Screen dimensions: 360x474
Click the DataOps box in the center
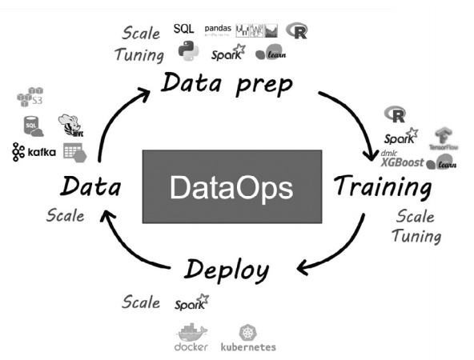click(x=232, y=186)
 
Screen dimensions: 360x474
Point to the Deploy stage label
click(x=226, y=270)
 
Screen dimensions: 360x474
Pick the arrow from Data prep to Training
click(x=353, y=121)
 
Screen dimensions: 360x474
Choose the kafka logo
click(x=33, y=151)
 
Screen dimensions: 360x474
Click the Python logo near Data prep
click(x=188, y=52)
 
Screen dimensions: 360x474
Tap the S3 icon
click(x=30, y=98)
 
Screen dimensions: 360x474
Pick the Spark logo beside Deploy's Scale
click(x=191, y=303)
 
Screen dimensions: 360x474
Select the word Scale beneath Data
click(x=65, y=215)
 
